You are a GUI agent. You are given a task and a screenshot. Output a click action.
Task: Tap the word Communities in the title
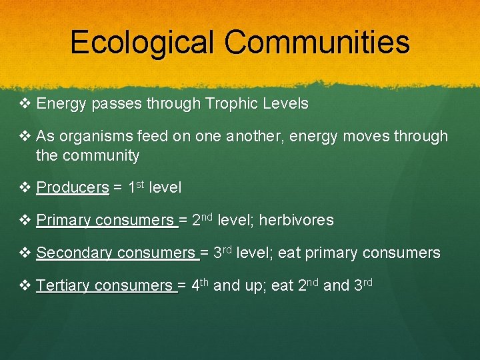coord(317,42)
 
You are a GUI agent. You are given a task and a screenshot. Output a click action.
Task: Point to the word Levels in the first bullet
coord(286,104)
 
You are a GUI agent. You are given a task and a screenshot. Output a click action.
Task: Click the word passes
coord(112,104)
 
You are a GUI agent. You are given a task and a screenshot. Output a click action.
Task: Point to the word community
coord(101,156)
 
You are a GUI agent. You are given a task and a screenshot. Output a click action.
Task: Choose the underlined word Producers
coord(73,188)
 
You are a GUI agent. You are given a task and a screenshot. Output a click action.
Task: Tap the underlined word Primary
coord(64,221)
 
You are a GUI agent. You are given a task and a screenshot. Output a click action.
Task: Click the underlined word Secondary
coord(75,253)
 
